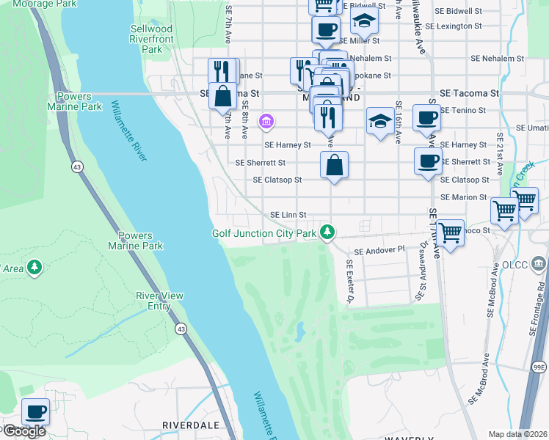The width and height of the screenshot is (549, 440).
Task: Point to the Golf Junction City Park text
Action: [x=264, y=233]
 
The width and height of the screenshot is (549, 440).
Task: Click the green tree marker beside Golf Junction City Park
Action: [x=327, y=233]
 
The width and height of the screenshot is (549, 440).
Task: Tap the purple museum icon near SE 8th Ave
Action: [x=266, y=120]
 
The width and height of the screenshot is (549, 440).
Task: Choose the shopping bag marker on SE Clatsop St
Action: [x=334, y=165]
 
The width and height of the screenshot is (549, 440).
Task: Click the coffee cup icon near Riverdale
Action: [x=35, y=411]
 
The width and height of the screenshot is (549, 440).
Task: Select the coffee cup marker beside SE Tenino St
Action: [x=426, y=117]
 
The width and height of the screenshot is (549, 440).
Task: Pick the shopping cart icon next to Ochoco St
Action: [x=450, y=233]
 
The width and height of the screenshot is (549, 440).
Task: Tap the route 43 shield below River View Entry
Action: [x=181, y=329]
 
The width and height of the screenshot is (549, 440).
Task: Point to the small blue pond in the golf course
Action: [x=300, y=334]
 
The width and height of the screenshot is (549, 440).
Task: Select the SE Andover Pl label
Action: [x=379, y=251]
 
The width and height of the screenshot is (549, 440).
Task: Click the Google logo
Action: [x=23, y=431]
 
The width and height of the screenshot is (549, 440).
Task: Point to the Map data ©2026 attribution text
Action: [x=517, y=434]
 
